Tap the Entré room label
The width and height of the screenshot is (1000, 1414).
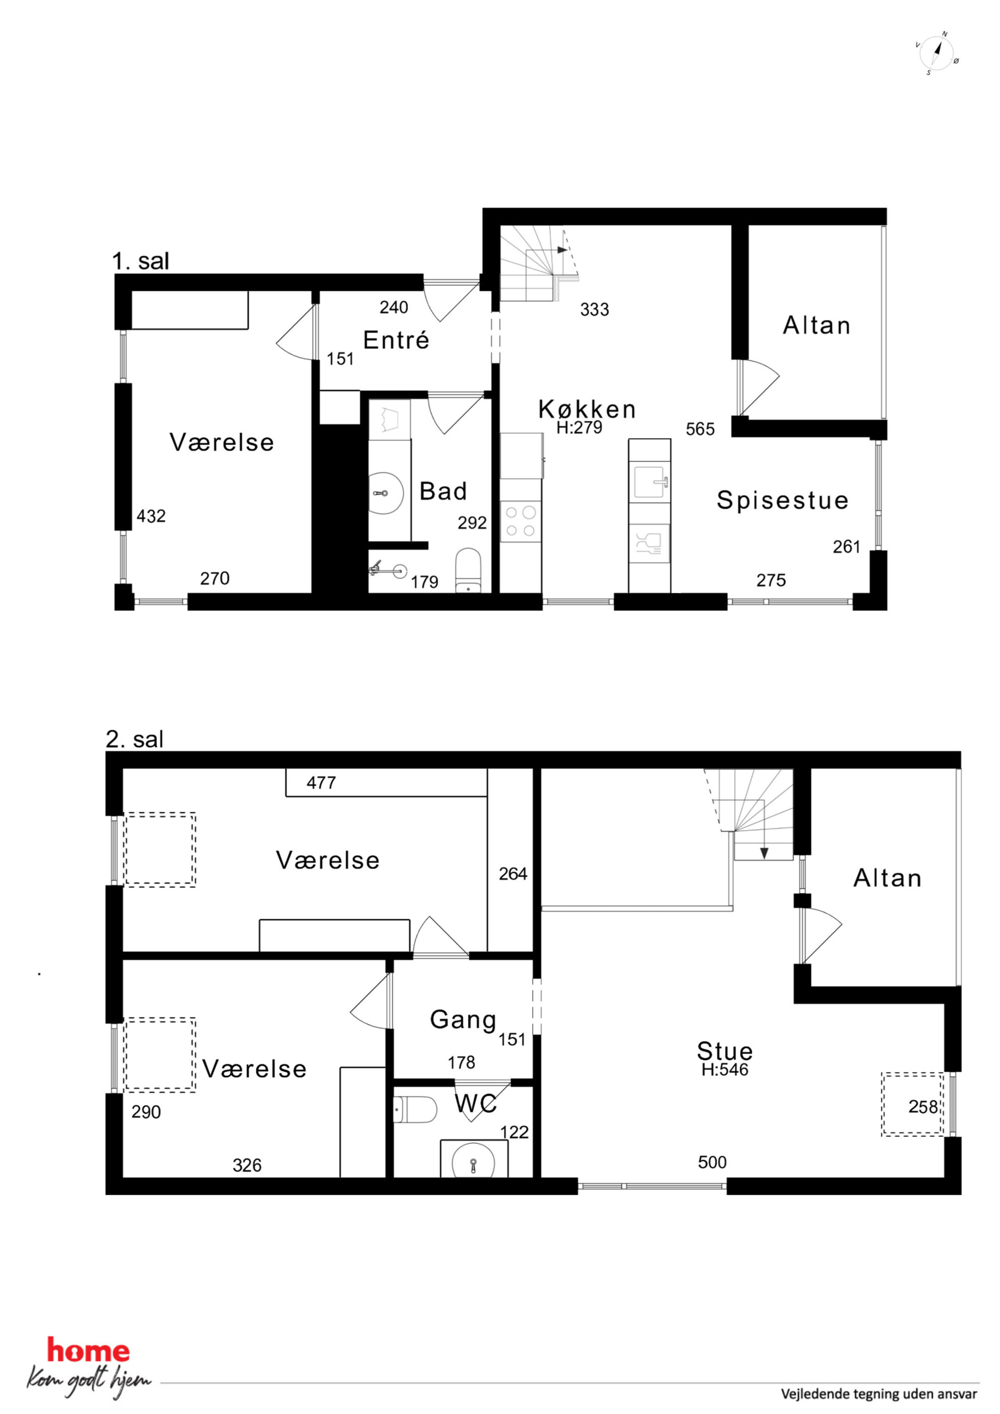[x=396, y=340]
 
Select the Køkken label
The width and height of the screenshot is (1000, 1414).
[x=587, y=409]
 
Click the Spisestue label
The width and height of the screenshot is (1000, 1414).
[x=782, y=499]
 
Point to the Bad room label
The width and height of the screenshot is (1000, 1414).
[x=443, y=491]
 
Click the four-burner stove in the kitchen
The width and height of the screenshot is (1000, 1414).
[x=521, y=521]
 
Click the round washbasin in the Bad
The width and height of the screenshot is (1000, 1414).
[x=386, y=493]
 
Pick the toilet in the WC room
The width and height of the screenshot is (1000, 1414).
[x=415, y=1109]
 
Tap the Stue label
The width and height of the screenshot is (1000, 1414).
[x=725, y=1051]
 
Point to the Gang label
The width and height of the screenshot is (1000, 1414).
[x=463, y=1020]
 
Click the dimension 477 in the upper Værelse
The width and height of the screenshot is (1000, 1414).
[x=321, y=783]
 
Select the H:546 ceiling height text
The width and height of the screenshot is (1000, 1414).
[x=725, y=1069]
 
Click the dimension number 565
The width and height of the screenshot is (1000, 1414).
[x=701, y=429]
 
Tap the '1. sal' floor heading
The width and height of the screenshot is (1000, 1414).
[x=141, y=261]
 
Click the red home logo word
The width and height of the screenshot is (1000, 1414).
[x=89, y=1351]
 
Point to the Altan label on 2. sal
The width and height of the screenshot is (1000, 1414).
[x=887, y=878]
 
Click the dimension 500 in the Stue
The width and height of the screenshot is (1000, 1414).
[x=712, y=1162]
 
